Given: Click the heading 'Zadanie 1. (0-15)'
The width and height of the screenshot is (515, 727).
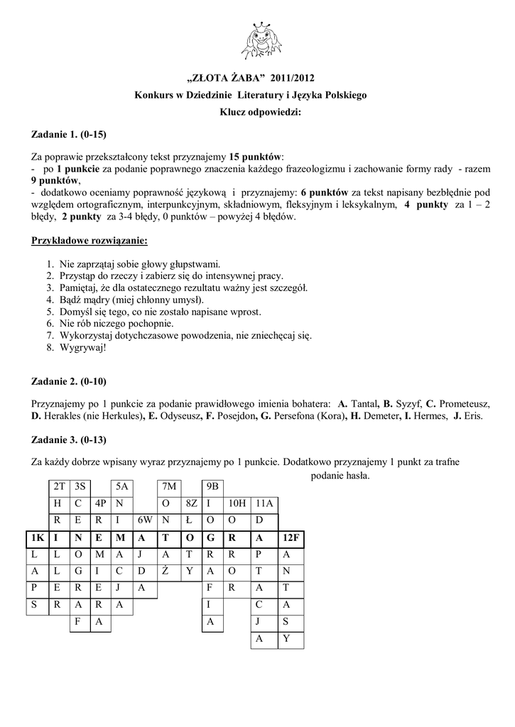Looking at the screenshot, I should click(70, 133).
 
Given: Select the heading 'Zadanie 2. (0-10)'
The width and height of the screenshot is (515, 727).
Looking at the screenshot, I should click(70, 381).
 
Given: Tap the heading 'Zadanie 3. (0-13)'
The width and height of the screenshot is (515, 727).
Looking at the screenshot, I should click(70, 439).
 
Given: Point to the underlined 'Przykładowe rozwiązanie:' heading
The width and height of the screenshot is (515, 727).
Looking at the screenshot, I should click(90, 241).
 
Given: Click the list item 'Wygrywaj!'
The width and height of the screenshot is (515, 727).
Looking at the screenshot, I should click(82, 349).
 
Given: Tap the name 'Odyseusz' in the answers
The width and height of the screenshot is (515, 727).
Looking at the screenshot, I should click(175, 415).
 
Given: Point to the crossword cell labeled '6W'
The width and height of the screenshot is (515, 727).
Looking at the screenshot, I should click(146, 520).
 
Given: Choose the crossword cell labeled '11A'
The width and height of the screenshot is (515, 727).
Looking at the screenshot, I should click(264, 503).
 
